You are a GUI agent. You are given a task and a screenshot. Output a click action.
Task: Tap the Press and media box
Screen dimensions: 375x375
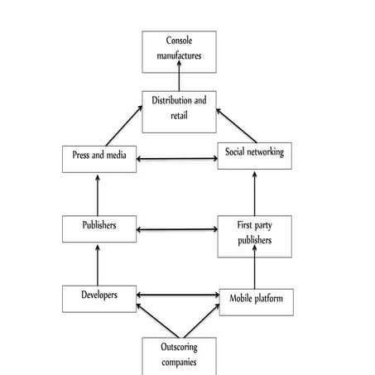pos(99,158)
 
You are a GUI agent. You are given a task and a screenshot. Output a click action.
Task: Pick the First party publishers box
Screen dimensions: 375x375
pos(255,233)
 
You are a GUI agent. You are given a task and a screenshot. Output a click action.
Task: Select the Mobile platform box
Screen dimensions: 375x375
pos(256,300)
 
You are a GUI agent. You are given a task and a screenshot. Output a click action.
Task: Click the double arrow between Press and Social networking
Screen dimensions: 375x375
pos(177,158)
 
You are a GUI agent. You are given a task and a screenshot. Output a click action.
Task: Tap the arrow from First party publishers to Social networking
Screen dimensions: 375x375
pos(255,194)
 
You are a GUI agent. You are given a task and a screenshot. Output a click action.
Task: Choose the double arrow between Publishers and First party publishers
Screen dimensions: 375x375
pos(177,228)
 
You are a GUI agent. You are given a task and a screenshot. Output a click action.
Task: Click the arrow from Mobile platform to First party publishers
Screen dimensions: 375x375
pos(255,269)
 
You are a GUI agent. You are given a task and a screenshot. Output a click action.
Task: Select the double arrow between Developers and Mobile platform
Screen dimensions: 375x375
pos(177,295)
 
